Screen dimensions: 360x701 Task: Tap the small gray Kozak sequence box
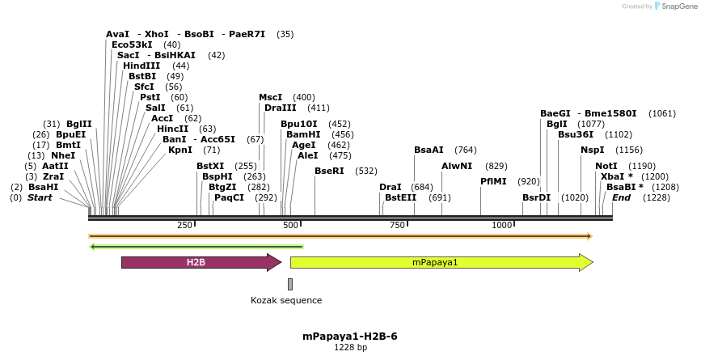(290, 284)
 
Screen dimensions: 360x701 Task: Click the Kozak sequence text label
(286, 300)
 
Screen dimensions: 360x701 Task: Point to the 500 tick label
(289, 225)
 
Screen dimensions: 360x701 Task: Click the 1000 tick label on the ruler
(501, 225)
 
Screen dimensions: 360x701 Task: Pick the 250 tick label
(184, 225)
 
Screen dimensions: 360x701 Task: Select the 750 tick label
(396, 225)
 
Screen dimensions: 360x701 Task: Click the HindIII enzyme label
(141, 66)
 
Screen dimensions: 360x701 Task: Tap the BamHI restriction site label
(303, 134)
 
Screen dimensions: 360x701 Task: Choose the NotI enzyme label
(606, 166)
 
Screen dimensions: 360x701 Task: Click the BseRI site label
(329, 171)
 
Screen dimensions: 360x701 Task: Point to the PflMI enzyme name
(493, 181)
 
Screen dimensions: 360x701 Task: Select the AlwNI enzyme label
(457, 166)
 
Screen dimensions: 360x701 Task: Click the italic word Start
(40, 197)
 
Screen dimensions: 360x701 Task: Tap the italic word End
(621, 197)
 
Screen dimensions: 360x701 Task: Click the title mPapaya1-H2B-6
(350, 337)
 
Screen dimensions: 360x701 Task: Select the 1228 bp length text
(350, 348)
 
